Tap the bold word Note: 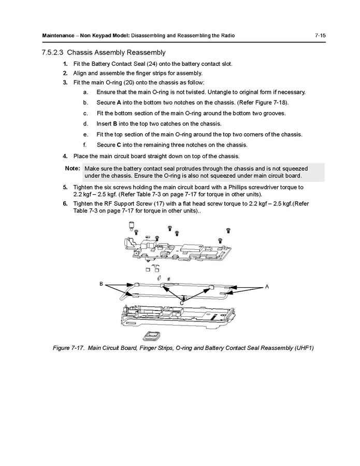[x=72, y=168]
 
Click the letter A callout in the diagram [x=267, y=286]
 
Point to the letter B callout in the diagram [x=102, y=284]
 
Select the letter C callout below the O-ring [x=181, y=303]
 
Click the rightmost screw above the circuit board [x=228, y=229]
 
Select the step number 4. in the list [x=65, y=156]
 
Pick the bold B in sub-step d [x=115, y=124]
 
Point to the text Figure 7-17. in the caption [x=69, y=348]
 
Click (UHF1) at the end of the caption [x=302, y=348]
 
